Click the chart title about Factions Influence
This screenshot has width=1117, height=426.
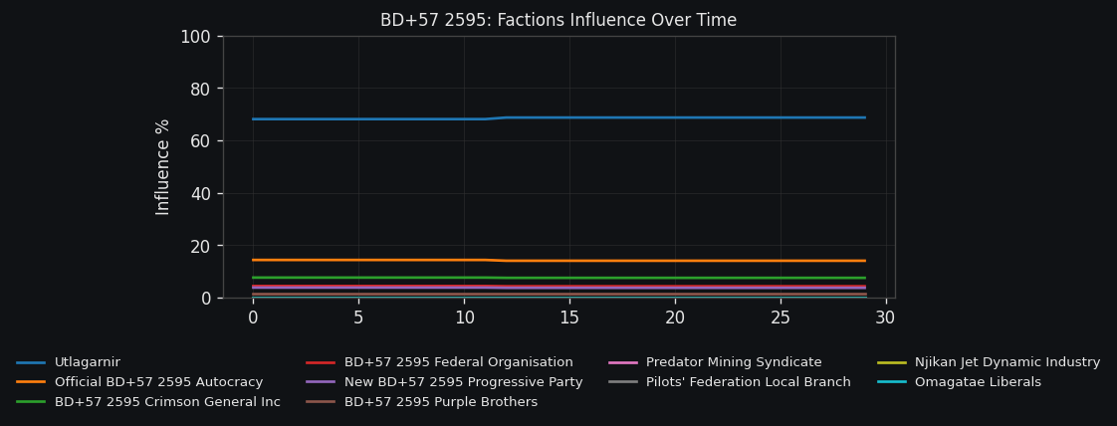[x=558, y=20]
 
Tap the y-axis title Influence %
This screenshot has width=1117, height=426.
[x=163, y=167]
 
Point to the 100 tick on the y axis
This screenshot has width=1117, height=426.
[x=195, y=37]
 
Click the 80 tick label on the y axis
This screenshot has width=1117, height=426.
[x=200, y=89]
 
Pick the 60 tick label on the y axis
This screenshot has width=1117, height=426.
[x=200, y=141]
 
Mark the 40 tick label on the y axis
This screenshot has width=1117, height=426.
[x=200, y=193]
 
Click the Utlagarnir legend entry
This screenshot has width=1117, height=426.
[x=87, y=362]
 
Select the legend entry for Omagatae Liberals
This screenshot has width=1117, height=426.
[x=978, y=382]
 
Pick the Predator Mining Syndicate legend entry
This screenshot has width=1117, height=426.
[x=734, y=362]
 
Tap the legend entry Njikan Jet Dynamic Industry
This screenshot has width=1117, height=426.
[x=1007, y=362]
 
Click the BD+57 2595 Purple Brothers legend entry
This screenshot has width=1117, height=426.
[x=441, y=402]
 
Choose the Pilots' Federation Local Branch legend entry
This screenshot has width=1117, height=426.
[x=748, y=382]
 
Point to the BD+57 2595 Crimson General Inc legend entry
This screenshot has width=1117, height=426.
[x=167, y=402]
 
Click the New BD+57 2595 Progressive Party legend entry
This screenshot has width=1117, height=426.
[x=463, y=382]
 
